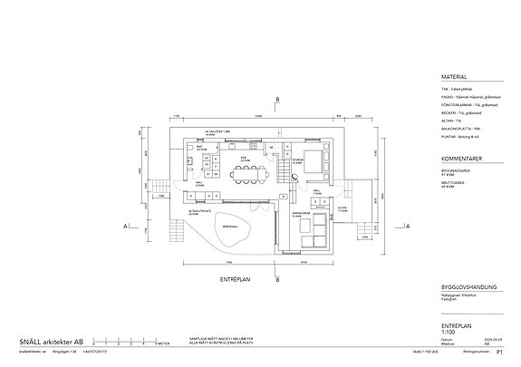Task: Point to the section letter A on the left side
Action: pyautogui.click(x=126, y=227)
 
